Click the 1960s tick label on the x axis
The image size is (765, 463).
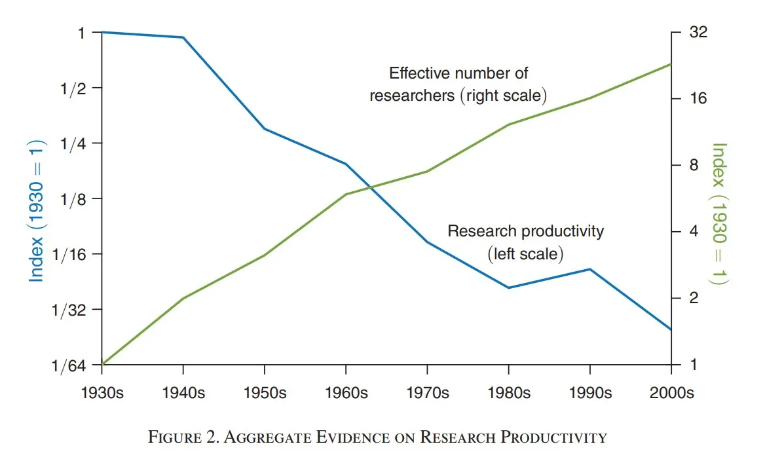(345, 393)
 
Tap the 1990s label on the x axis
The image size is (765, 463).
(590, 393)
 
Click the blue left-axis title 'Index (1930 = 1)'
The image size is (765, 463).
(37, 212)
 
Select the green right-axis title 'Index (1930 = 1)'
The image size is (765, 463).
(720, 213)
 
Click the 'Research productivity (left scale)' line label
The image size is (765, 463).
(525, 242)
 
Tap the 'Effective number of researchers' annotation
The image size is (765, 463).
(458, 84)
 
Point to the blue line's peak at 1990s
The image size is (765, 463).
(590, 269)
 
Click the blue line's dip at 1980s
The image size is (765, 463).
(508, 287)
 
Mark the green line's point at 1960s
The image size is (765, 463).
(345, 194)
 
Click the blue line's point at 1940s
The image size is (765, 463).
(183, 37)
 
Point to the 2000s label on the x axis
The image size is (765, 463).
(671, 393)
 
